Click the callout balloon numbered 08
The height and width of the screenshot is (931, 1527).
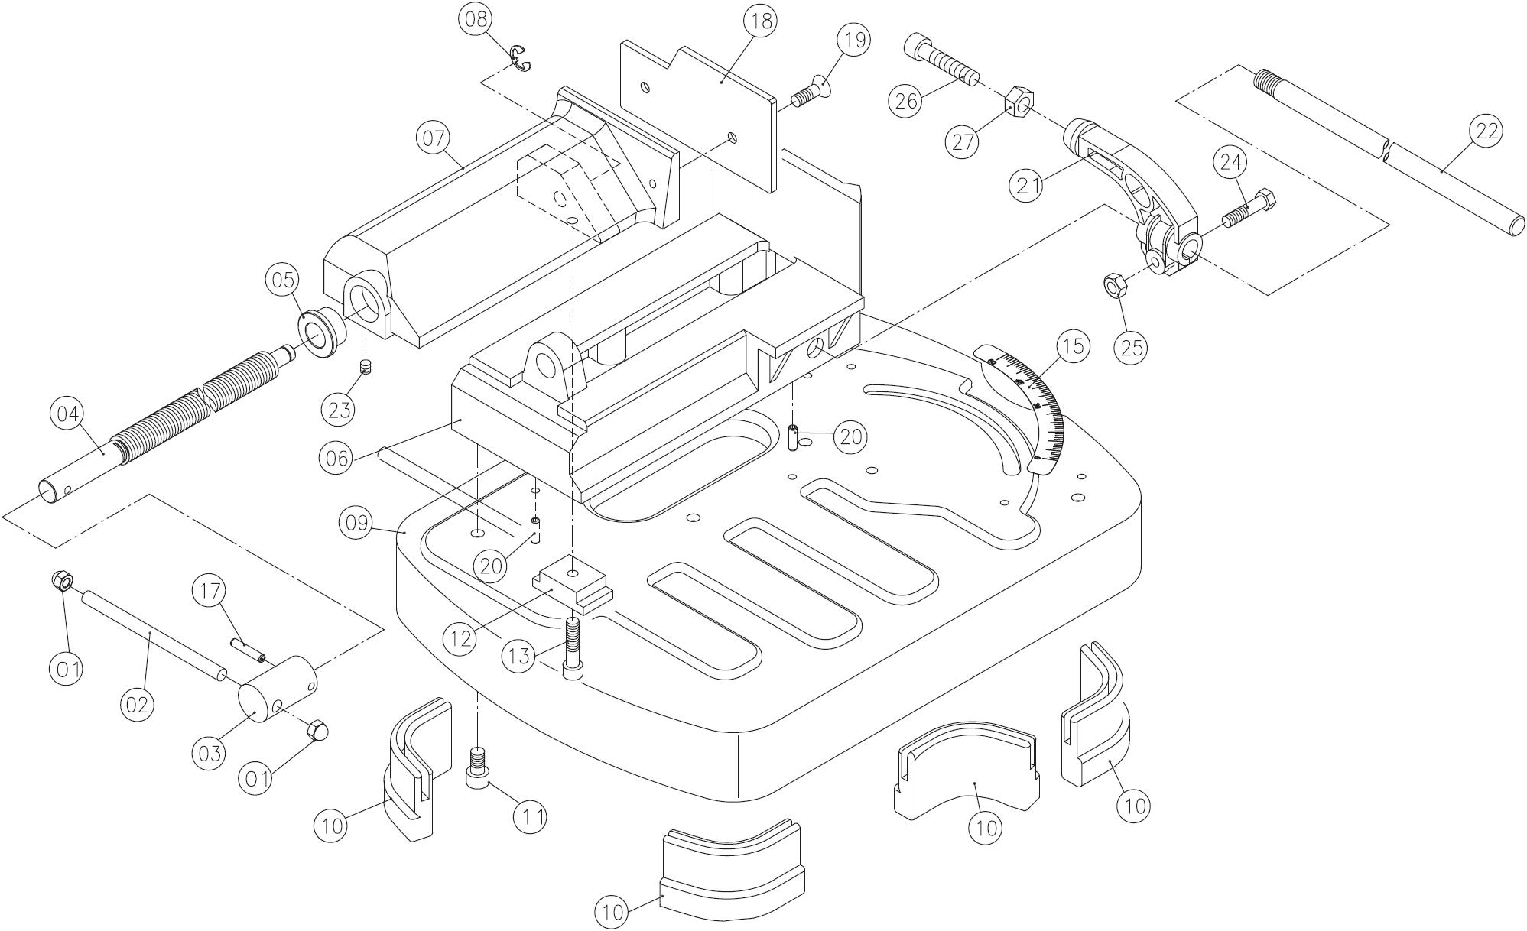coord(476,19)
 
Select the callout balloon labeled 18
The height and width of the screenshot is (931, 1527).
coord(761,21)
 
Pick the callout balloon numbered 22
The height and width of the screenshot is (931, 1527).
coord(1486,131)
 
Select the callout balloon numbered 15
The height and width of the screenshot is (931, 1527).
coord(1073,346)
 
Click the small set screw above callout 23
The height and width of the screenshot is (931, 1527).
coord(366,367)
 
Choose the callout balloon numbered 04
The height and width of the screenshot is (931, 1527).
coord(67,414)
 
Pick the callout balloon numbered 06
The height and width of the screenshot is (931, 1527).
coord(337,458)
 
